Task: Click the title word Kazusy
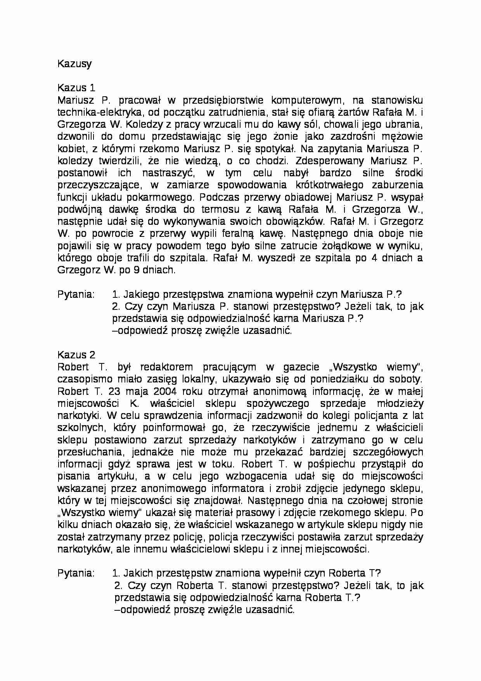coord(74,64)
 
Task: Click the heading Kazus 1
coord(76,88)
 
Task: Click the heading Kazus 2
coord(76,355)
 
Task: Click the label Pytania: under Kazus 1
coord(76,294)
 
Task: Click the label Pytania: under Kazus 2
coord(76,573)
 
